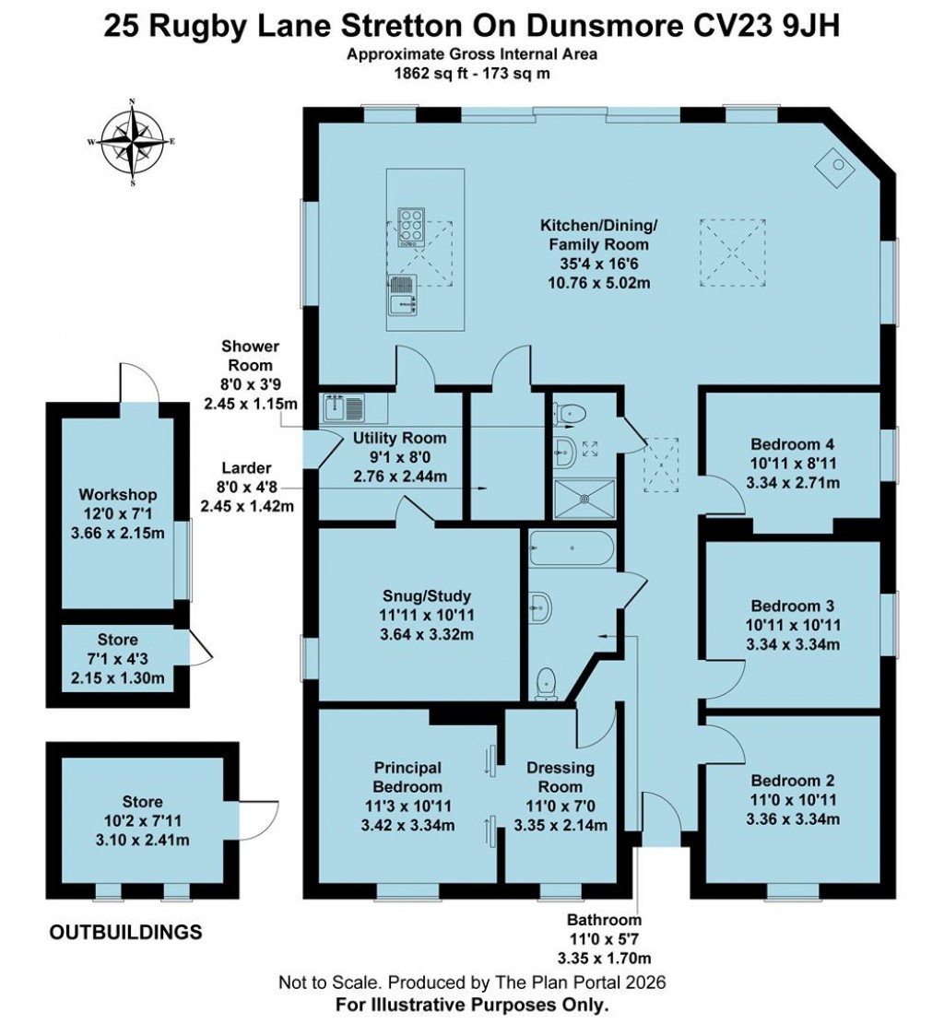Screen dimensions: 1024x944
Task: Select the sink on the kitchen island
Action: click(x=401, y=293)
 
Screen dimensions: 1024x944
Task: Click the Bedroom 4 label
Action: click(x=792, y=441)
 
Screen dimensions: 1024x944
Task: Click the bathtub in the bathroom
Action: click(x=569, y=550)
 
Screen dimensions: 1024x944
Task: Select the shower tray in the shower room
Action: click(x=582, y=496)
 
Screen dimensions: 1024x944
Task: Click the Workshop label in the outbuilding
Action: click(x=117, y=495)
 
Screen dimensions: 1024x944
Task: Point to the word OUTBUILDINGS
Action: click(x=125, y=933)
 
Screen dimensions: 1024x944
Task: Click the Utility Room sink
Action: click(x=343, y=406)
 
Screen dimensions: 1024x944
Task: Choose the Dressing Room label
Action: click(x=560, y=777)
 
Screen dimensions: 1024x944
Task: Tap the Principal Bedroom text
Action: click(x=408, y=777)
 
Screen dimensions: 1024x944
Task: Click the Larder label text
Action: click(x=245, y=468)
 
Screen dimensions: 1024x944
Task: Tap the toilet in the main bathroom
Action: click(x=547, y=682)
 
